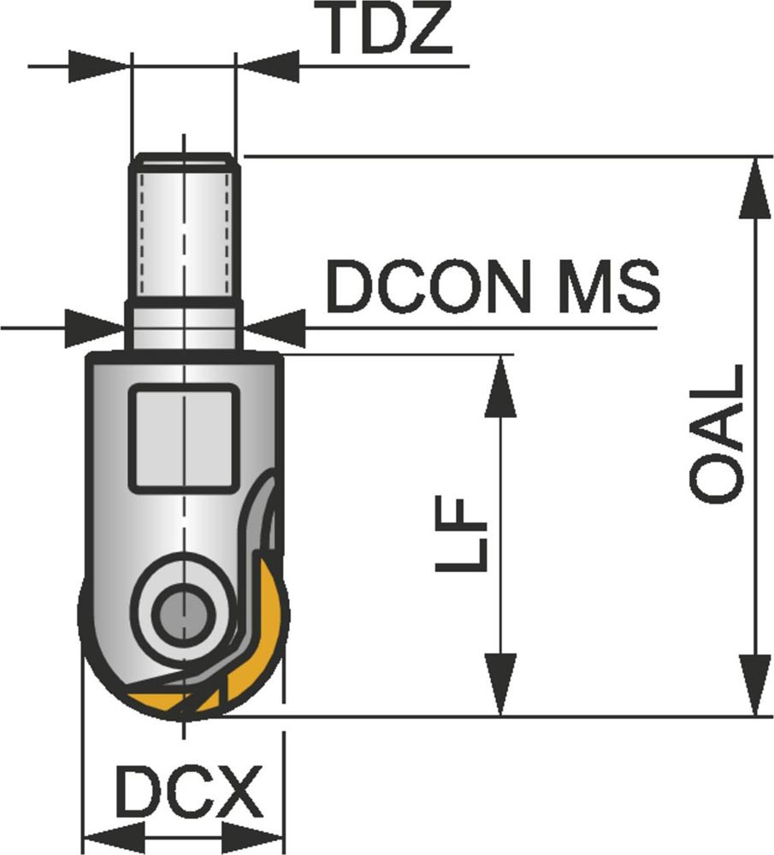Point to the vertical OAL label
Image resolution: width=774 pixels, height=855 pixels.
coord(717,433)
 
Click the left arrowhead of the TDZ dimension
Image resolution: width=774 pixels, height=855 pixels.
coord(98,65)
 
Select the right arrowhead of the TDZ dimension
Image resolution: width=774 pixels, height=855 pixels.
coord(268,65)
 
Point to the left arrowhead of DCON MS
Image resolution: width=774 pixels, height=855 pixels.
coord(95,326)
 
